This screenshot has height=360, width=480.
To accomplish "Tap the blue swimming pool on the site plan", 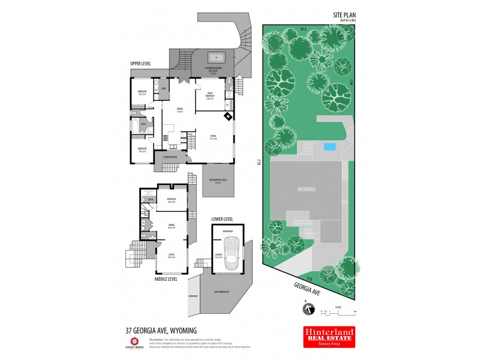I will coord(329,146).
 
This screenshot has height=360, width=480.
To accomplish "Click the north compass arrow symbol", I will coord(309,308).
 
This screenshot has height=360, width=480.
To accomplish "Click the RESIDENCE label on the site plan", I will coord(307,189).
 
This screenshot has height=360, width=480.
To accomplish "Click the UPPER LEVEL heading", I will coord(141,63).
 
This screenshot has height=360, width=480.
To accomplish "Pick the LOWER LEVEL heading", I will coord(222,220).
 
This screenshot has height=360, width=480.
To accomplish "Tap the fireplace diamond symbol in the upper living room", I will coord(227,117).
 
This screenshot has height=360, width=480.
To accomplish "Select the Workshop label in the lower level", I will coord(228,231).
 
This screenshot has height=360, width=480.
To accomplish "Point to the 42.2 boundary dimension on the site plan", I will coord(259,162).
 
